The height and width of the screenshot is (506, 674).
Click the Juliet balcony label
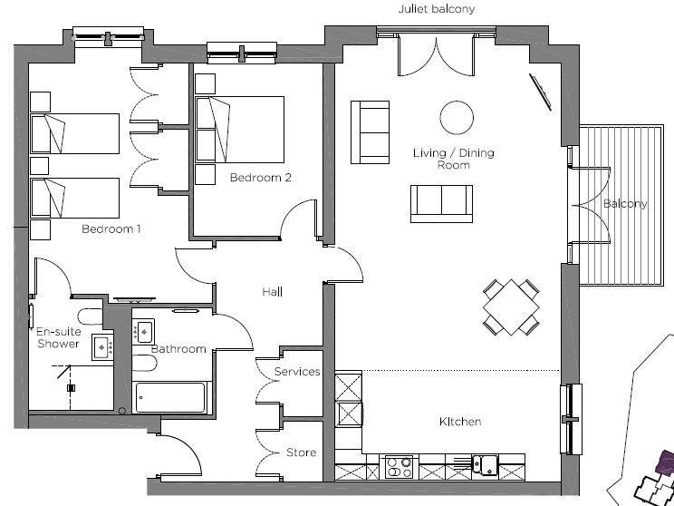click(437, 9)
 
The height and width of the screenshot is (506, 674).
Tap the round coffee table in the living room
click(457, 118)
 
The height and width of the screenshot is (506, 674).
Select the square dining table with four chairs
click(511, 307)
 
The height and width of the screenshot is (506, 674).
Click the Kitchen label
click(460, 422)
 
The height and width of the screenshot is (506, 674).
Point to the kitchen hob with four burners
click(399, 467)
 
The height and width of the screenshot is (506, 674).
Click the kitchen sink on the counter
click(485, 464)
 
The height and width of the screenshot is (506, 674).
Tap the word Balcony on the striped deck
click(625, 203)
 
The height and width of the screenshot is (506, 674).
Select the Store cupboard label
click(302, 452)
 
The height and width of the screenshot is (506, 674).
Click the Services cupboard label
click(297, 371)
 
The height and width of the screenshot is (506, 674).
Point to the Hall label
click(272, 292)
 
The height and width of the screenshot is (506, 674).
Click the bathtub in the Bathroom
click(170, 397)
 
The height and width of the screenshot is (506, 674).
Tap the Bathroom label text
click(178, 348)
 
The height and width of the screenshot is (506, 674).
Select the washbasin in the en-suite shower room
click(102, 346)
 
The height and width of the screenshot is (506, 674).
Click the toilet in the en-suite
click(91, 316)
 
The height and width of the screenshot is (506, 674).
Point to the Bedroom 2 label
click(261, 177)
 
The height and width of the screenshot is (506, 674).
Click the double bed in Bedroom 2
click(239, 130)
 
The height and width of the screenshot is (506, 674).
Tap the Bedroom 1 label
click(111, 229)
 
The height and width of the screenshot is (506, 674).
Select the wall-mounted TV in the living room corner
click(540, 92)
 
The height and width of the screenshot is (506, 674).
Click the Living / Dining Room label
click(454, 159)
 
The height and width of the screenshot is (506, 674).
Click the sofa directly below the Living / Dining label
click(441, 203)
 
